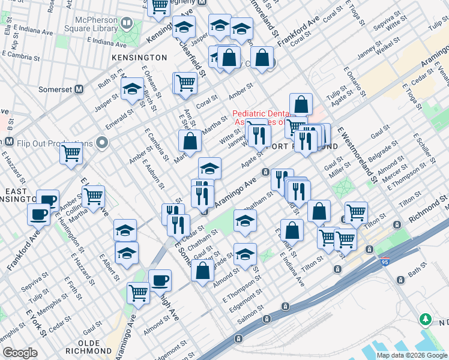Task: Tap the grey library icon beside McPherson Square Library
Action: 127,23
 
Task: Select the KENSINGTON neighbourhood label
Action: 139,57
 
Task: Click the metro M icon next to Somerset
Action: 78,89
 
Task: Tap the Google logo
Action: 20,353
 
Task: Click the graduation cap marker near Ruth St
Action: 132,90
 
